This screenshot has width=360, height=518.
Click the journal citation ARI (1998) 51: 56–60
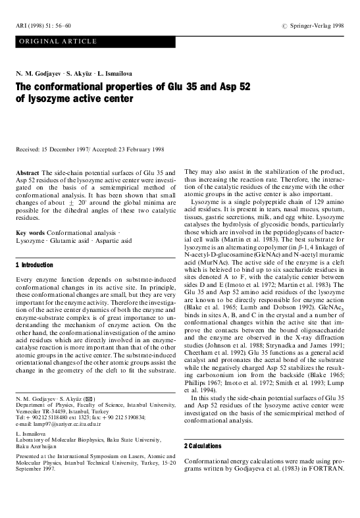[42, 25]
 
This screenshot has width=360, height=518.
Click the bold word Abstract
[26, 172]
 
